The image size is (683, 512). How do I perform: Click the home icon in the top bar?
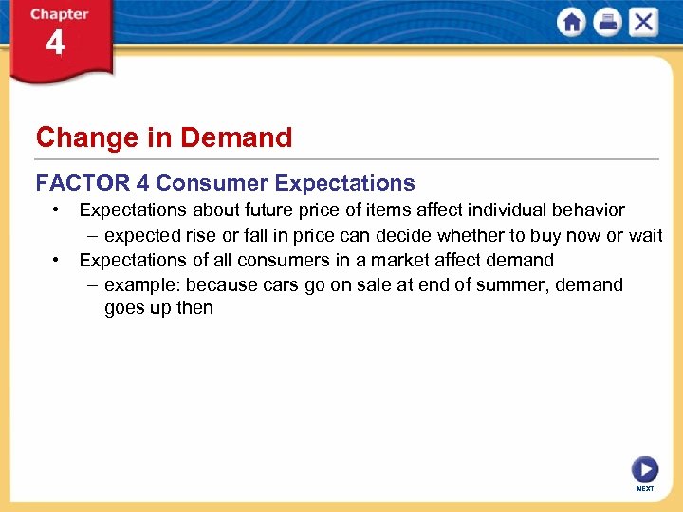pos(572,23)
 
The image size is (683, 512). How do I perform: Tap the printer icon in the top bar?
pos(607,23)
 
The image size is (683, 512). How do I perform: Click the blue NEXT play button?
pos(644,469)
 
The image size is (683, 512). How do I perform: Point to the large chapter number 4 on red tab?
pos(56,44)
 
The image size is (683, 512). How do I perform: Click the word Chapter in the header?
pos(59,14)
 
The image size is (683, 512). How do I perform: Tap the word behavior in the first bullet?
pos(588,210)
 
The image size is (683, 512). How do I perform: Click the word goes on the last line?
pos(125,309)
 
